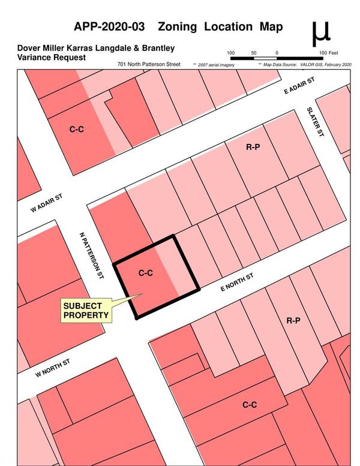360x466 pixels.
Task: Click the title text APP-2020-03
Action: [x=112, y=27]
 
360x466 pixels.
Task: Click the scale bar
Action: [x=276, y=59]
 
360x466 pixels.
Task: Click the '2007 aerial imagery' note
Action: [x=214, y=64]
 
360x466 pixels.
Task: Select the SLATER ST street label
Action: [x=314, y=122]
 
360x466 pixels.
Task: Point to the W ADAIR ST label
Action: [x=47, y=203]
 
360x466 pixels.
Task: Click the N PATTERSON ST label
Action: [x=92, y=255]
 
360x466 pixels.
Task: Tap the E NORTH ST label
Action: [x=238, y=281]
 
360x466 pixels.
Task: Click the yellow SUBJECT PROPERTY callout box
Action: [x=86, y=311]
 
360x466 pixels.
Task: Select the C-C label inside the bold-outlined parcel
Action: [x=146, y=273]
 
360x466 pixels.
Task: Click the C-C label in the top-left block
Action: [x=76, y=129]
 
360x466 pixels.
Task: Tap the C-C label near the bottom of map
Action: [x=250, y=405]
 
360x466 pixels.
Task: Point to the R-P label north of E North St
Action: [x=253, y=147]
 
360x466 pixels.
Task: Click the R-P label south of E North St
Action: [x=293, y=321]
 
